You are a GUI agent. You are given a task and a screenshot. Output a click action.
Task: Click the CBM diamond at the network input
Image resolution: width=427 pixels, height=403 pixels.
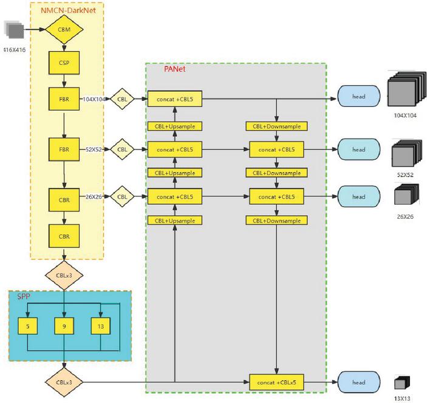pos(64,29)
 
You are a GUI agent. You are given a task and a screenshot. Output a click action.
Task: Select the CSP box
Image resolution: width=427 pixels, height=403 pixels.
pos(63,63)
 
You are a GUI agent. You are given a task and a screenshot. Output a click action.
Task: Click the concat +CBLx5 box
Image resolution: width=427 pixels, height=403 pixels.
pos(277,382)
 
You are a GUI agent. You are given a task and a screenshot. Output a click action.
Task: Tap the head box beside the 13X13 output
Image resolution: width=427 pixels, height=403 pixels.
pos(359,382)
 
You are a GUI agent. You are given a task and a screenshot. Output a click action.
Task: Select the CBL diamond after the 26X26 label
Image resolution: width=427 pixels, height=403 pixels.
pos(123,196)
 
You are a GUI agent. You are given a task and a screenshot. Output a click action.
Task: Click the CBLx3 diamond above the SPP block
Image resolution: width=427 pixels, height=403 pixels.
pos(63,274)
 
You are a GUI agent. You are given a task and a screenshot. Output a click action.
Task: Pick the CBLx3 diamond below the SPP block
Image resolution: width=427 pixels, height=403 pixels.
pos(63,382)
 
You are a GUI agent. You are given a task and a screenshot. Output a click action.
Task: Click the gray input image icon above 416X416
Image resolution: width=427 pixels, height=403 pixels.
pos(15,29)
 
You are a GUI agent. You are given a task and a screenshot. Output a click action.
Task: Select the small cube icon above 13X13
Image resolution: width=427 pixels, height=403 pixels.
pos(401,383)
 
